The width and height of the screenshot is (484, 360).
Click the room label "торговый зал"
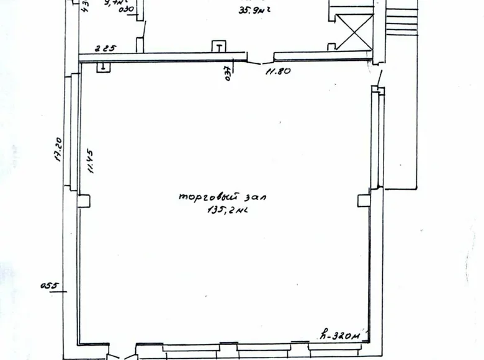tap(224, 197)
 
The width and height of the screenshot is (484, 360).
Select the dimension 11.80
tap(277, 71)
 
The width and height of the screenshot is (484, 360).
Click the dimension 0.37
tap(228, 73)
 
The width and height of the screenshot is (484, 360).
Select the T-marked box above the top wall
tap(218, 46)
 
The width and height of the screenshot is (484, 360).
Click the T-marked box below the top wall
tap(103, 66)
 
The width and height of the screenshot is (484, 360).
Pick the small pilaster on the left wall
tap(84, 201)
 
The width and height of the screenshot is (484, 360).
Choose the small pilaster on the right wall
tap(363, 200)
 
